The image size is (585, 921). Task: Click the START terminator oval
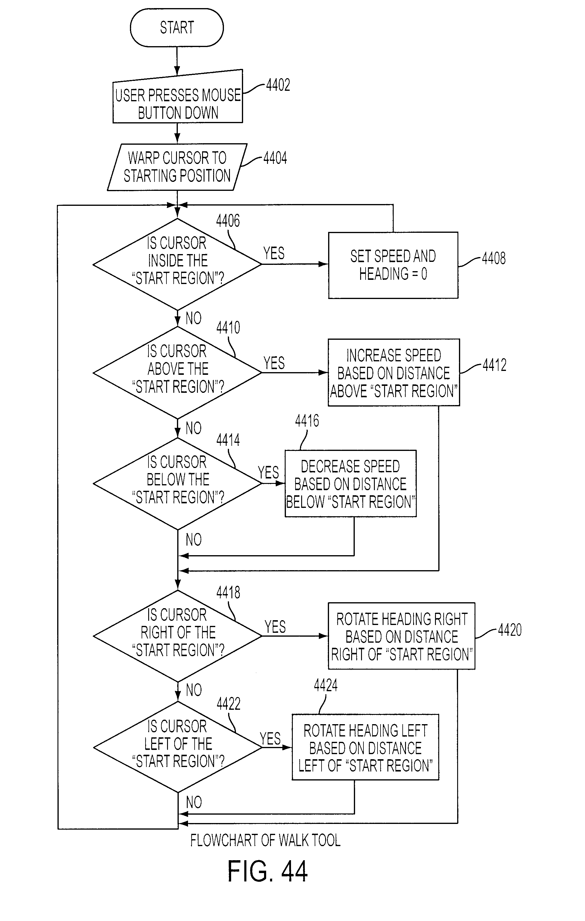coord(177,28)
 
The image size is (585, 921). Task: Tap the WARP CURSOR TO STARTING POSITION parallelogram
coord(177,167)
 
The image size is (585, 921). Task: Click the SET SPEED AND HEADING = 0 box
coord(393,265)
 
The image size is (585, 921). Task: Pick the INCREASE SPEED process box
coord(394,372)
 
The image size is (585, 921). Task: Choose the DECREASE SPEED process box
coord(350,484)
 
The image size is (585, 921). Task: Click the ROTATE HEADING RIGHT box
coord(401,636)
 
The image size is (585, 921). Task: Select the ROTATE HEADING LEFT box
coord(365,747)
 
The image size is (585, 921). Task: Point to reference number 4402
coord(278,85)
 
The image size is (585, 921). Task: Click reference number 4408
coord(494,258)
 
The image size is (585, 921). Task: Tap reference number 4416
coord(307,421)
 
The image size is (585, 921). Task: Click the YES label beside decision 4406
coord(274,253)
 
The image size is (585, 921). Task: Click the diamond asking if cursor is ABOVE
coord(177,372)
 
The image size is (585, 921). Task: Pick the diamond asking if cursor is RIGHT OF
coord(177,636)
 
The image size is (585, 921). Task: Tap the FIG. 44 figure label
coord(267,871)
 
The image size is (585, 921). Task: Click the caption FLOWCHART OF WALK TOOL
coord(265,840)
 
